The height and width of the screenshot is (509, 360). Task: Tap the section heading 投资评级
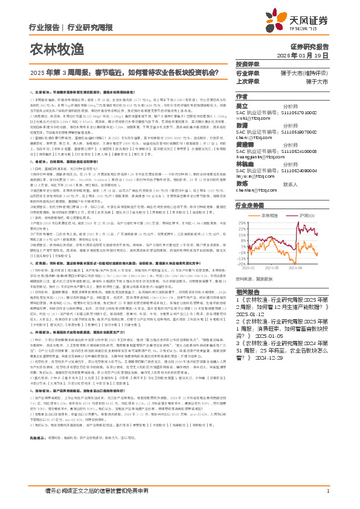pyautogui.click(x=248, y=65)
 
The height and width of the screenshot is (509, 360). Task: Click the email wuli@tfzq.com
pyautogui.click(x=252, y=118)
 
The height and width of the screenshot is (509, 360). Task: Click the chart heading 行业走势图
pyautogui.click(x=251, y=206)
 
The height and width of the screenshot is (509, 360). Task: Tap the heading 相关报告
pyautogui.click(x=248, y=291)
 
